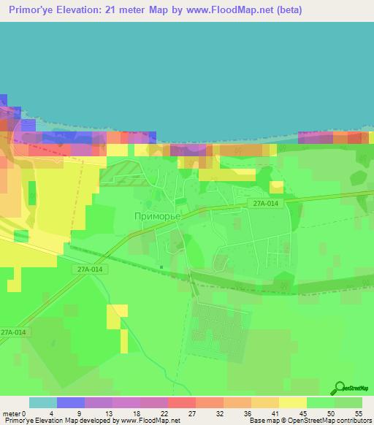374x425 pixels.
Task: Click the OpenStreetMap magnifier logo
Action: pos(340,388)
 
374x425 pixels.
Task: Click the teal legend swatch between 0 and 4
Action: pos(43,402)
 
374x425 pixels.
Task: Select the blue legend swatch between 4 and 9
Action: pos(71,402)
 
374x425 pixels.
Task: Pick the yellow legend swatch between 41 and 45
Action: pos(293,402)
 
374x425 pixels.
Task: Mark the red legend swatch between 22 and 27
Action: pos(182,402)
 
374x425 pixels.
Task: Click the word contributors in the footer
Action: pos(353,421)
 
